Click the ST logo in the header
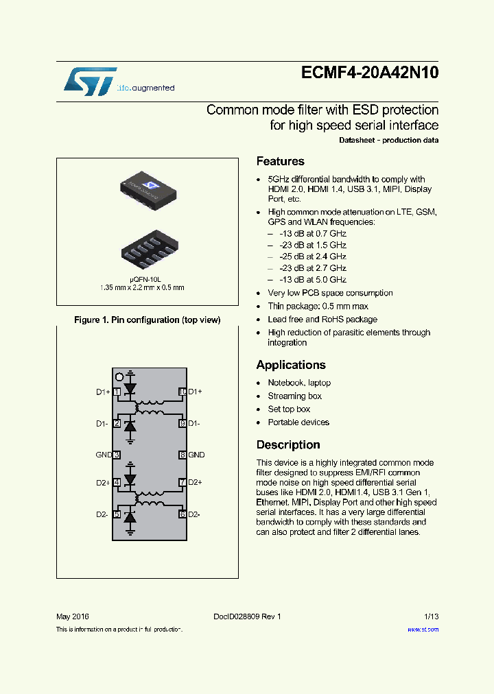click(90, 81)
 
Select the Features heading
click(280, 162)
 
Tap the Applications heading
click(291, 365)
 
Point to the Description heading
click(288, 445)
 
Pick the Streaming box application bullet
click(294, 396)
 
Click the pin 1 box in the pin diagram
click(117, 392)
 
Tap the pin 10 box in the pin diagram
click(183, 392)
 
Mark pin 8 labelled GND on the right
click(183, 455)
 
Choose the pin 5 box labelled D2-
click(117, 514)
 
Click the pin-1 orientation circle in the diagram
click(119, 376)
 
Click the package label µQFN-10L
click(148, 279)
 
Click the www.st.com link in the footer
click(423, 630)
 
